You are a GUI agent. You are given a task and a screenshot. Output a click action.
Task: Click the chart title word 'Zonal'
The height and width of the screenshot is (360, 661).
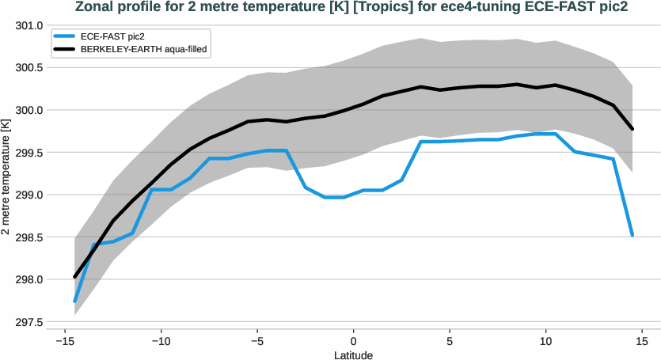pos(93,8)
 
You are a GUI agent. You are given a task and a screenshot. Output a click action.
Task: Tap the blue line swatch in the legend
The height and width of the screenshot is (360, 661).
pos(65,36)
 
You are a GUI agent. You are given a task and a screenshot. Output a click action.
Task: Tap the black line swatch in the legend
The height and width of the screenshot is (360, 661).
pos(65,49)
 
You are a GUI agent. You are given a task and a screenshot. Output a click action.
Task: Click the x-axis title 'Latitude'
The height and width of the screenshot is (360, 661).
pos(353,354)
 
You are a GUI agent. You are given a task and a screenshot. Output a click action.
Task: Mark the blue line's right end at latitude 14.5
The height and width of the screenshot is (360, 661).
pos(633,235)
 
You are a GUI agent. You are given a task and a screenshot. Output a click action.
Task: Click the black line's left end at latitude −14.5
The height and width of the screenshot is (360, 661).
pos(74,277)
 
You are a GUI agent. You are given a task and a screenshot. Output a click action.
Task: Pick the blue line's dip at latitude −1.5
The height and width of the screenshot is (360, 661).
pos(325,197)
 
